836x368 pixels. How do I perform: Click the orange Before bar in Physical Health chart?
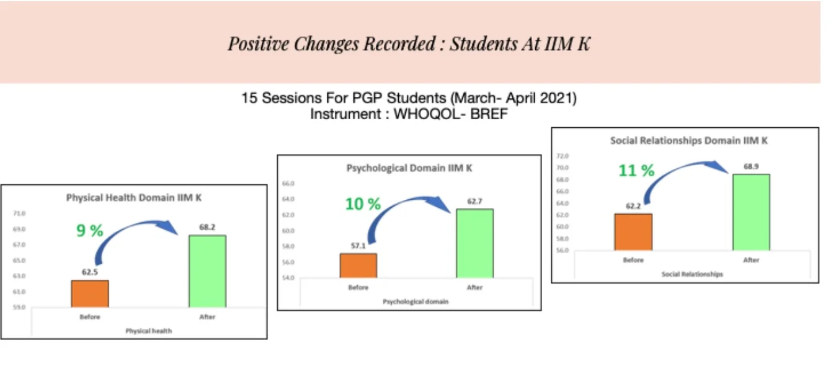(x=90, y=294)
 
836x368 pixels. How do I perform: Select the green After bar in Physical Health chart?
(x=208, y=271)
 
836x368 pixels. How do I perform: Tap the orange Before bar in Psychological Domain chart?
(x=358, y=266)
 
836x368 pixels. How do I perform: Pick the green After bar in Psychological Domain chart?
(x=474, y=243)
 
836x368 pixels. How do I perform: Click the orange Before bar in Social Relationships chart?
(x=633, y=232)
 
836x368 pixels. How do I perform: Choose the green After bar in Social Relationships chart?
(x=751, y=212)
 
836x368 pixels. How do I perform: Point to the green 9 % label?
(x=89, y=230)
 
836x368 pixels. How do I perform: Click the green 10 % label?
(x=363, y=204)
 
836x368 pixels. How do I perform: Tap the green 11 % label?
(x=636, y=171)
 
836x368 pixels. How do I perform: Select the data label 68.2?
(x=207, y=227)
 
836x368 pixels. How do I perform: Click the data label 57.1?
(x=358, y=246)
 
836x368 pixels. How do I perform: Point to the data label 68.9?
(x=751, y=166)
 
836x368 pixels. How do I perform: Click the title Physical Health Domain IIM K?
(x=133, y=197)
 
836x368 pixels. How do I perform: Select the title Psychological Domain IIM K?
(x=409, y=168)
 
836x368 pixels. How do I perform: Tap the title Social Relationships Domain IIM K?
(x=688, y=140)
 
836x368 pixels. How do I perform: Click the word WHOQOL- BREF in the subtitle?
(x=450, y=114)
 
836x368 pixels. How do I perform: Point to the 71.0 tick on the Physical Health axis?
(x=19, y=213)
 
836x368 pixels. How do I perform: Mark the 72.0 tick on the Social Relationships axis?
(x=563, y=156)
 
